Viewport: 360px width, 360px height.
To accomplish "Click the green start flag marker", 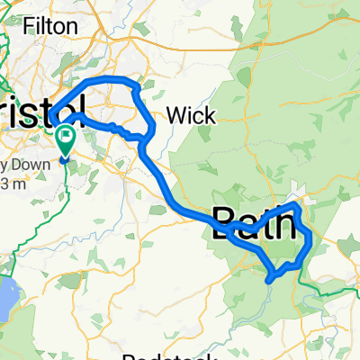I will click(66, 139).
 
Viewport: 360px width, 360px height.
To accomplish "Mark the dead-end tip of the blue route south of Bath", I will click(269, 280).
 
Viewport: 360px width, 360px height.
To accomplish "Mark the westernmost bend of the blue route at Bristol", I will click(52, 115).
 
